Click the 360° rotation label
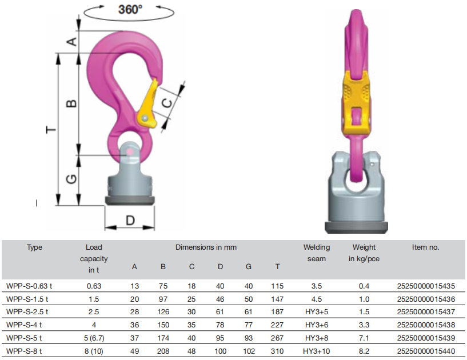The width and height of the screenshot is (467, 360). click(130, 10)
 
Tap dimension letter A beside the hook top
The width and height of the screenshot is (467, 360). click(72, 41)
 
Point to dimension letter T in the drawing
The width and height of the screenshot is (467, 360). click(51, 130)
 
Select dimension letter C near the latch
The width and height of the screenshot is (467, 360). click(167, 103)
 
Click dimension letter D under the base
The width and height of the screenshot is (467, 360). click(130, 221)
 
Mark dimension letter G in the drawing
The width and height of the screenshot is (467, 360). click(71, 179)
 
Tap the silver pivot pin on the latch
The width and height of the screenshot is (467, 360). click(145, 118)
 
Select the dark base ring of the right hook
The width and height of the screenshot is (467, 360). click(356, 227)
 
